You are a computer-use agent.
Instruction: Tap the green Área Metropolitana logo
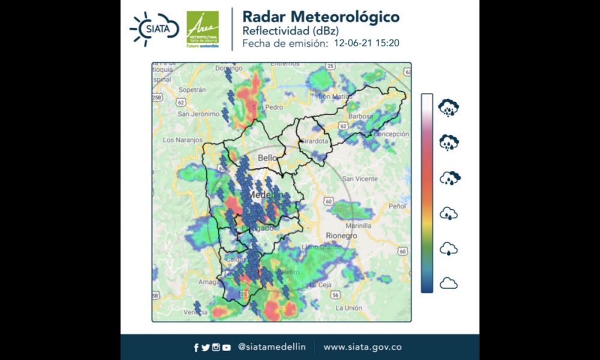point(202,29)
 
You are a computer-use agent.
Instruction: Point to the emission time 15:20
point(388,43)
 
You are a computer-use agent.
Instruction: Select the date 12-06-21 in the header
point(352,43)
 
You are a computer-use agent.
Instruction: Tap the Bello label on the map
point(267,158)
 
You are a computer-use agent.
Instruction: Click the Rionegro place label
point(341,236)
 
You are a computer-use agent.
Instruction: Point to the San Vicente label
point(359,179)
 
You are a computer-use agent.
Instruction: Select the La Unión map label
point(348,308)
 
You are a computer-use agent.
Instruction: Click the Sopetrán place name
point(193,89)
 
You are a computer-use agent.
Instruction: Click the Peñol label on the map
point(398,206)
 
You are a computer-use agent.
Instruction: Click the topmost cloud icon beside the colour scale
point(448,109)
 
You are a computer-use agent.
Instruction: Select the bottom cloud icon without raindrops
point(448,283)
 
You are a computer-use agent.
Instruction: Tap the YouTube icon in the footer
point(226,347)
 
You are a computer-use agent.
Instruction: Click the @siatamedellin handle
point(272,347)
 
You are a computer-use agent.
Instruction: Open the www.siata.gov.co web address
point(362,347)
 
